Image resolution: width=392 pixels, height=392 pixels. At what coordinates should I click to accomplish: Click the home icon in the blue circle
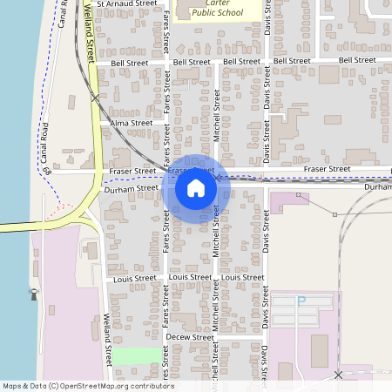point(196,188)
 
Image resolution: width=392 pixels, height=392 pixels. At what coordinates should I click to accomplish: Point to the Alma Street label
point(132,124)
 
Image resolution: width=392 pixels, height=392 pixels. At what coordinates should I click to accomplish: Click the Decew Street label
point(189,337)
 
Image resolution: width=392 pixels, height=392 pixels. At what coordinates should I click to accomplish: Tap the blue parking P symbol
point(302,301)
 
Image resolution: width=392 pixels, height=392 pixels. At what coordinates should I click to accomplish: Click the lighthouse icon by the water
point(35,294)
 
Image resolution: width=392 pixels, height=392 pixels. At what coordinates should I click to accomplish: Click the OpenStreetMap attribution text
point(87,386)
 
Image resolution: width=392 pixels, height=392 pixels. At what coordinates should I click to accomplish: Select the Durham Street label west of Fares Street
point(131,187)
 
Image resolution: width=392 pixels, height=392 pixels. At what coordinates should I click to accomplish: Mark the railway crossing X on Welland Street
point(95,98)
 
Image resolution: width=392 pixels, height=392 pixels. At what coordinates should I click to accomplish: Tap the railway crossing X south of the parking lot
point(338,375)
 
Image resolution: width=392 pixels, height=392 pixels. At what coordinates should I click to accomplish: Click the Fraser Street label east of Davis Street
point(326,168)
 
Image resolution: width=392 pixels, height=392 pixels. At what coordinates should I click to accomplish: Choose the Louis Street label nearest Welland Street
point(135,278)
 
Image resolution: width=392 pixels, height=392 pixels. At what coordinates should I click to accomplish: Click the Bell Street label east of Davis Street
point(356,60)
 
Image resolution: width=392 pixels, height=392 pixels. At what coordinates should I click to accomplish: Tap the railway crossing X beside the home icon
point(218,177)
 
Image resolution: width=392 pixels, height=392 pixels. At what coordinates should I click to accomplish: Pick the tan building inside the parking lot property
point(319,349)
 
